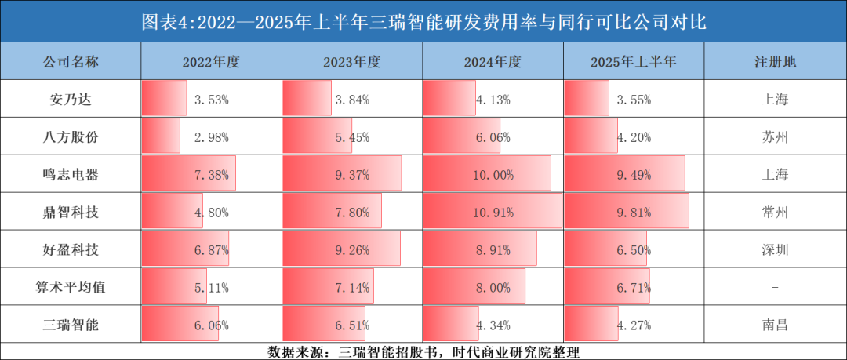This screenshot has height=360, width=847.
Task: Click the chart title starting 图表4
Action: tap(423, 21)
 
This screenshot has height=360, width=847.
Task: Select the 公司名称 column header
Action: tap(71, 62)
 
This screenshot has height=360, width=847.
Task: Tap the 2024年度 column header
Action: tap(493, 62)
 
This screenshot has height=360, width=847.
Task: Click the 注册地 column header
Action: tap(775, 62)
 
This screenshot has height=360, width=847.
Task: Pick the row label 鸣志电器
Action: tap(71, 175)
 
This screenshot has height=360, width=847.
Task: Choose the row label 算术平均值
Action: tap(71, 288)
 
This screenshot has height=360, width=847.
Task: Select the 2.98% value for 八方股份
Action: tap(211, 137)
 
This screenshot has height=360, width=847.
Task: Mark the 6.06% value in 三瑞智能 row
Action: tap(211, 325)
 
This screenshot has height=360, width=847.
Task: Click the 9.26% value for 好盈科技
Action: tap(352, 250)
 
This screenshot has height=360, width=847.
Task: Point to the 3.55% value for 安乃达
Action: tap(634, 100)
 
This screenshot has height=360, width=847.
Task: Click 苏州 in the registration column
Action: tap(775, 137)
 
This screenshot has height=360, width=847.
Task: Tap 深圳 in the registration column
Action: tap(775, 250)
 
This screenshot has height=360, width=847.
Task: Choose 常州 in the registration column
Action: tap(775, 213)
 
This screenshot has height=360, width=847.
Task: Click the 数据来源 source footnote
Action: tap(423, 351)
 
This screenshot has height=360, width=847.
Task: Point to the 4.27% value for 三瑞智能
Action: tap(634, 325)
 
